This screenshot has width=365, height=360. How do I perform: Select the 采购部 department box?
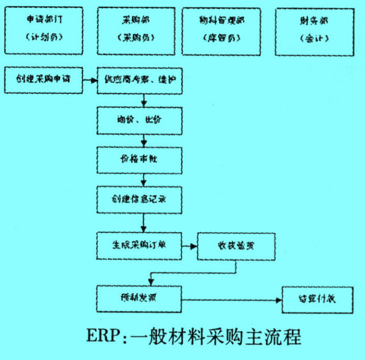pos(134,30)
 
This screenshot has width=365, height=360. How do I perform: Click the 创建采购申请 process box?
pos(43,80)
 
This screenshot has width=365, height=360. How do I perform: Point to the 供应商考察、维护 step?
pos(139,80)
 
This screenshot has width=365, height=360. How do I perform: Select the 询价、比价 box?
pos(139,120)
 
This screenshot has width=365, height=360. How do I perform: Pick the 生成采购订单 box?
pos(139,245)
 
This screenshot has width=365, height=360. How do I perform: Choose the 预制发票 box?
pos(139,299)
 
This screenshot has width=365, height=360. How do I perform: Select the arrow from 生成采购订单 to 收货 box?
pos(189,246)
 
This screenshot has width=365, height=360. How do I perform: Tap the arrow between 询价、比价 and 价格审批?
pos(144,141)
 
